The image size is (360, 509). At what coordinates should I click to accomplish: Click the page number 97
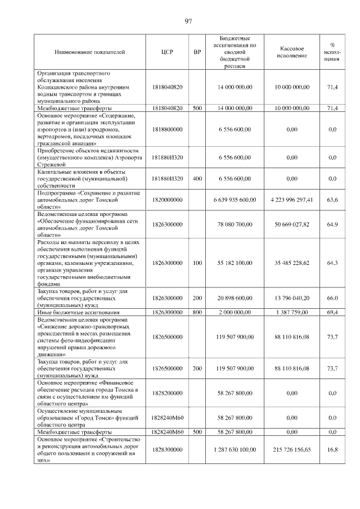[x=189, y=21]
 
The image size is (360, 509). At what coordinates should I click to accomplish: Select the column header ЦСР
[x=167, y=52]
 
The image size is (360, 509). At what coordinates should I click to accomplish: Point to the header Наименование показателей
[x=89, y=52]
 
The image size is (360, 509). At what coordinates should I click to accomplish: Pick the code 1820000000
[x=167, y=200]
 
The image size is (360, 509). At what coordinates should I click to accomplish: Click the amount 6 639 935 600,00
[x=235, y=200]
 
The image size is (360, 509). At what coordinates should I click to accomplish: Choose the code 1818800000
[x=167, y=129]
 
